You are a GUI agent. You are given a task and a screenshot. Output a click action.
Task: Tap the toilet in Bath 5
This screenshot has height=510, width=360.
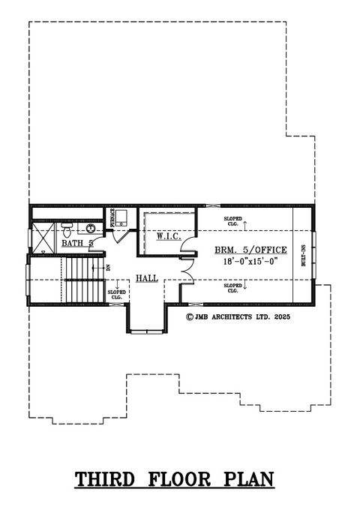[x=66, y=226]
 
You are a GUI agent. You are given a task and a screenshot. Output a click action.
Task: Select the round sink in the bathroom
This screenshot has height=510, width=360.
[x=90, y=228]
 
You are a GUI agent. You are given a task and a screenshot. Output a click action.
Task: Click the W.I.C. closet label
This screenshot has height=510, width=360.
[x=166, y=237]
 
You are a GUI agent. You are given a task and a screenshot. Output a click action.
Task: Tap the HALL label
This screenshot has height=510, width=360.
[x=146, y=278]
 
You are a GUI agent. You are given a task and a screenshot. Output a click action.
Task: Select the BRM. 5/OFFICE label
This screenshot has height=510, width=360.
[x=250, y=249]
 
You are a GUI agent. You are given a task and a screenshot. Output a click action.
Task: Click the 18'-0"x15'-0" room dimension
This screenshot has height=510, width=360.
[x=250, y=261]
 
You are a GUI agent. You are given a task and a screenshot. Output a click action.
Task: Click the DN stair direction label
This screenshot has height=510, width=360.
[x=108, y=266]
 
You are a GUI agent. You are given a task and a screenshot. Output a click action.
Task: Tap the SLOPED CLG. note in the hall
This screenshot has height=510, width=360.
[x=115, y=294]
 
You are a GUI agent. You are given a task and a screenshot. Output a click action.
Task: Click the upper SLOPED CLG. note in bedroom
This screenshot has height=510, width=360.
[x=233, y=220]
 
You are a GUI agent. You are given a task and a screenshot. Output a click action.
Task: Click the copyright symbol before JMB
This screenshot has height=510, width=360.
[x=190, y=317]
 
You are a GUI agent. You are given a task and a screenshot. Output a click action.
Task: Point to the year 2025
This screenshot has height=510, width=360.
[x=282, y=317]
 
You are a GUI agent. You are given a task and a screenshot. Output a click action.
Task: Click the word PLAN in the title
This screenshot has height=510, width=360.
[x=250, y=478]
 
